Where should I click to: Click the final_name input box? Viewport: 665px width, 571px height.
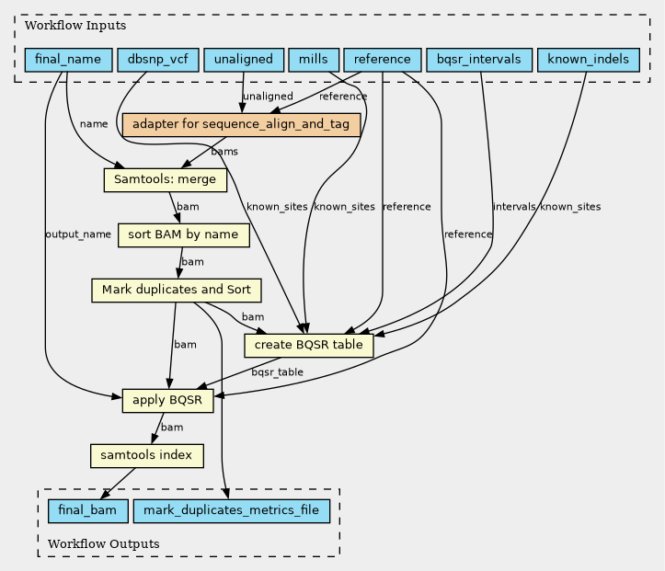68,60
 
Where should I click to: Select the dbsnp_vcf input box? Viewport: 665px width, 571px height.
158,60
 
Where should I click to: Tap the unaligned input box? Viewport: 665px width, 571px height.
244,60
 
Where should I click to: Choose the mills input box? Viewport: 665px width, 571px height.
314,60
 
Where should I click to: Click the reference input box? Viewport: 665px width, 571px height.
382,60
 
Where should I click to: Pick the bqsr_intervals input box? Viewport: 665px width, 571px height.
479,60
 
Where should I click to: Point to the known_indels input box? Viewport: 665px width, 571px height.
589,60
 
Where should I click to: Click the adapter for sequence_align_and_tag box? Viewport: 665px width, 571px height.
241,125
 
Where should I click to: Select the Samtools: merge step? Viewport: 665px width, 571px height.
166,179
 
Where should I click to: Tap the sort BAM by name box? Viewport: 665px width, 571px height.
184,234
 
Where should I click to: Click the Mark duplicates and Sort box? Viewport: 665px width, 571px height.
177,290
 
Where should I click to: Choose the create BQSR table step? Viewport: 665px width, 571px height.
309,345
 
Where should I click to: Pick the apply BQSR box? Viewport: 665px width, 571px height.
167,400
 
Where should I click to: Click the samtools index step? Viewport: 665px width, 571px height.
147,456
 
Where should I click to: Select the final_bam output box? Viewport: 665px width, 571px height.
87,511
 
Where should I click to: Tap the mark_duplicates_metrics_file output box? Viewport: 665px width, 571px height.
232,511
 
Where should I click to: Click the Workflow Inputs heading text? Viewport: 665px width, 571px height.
75,26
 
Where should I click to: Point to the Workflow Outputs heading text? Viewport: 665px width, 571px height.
104,543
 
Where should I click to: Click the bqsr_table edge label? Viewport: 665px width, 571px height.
278,372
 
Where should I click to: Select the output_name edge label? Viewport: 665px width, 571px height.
78,234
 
